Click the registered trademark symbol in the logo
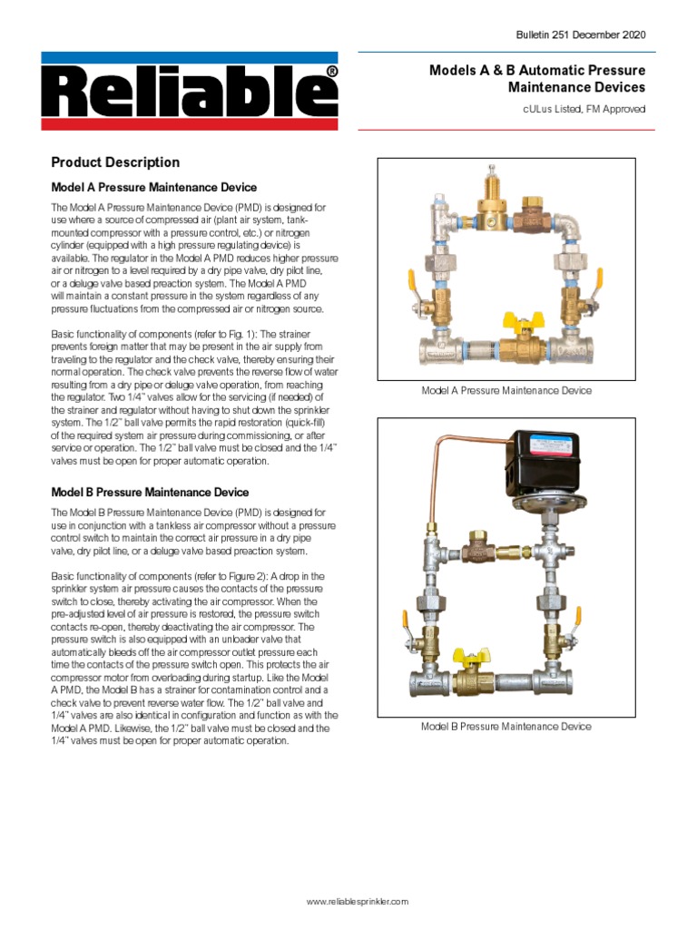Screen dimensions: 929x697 click(332, 71)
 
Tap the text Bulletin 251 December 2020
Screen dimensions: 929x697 click(581, 34)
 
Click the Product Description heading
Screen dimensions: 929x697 click(115, 162)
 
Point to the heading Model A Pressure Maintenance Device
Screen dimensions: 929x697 click(153, 188)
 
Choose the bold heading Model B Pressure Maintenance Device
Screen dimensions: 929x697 click(150, 493)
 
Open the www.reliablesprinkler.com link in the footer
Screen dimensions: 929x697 click(358, 902)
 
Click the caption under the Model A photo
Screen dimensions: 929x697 click(506, 391)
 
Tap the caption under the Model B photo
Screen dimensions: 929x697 click(506, 727)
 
